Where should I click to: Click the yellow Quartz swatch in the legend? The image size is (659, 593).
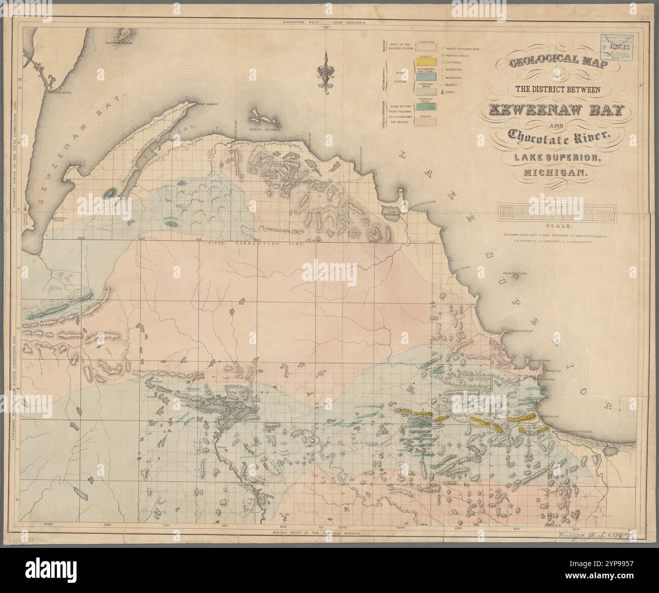tap(424, 61)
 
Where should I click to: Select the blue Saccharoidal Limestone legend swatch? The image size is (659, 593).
tap(424, 74)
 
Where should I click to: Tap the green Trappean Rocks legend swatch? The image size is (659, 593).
tap(424, 107)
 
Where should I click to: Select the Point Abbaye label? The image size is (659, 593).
tap(207, 103)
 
